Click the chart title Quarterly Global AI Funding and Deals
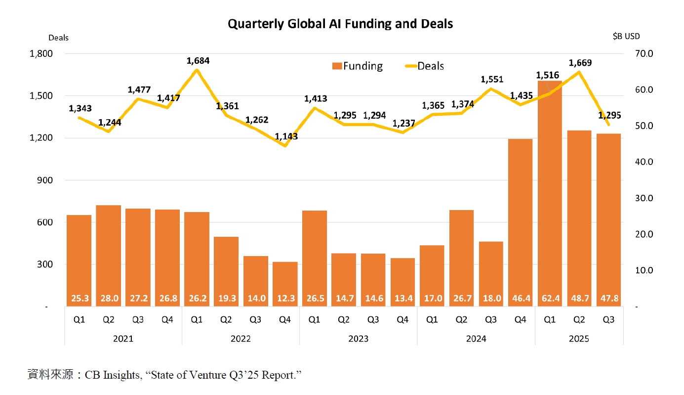coord(340,24)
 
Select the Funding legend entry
coord(357,66)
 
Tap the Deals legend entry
coord(424,66)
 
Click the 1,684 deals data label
coord(198,61)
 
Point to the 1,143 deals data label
coord(286,136)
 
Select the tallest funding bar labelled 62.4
coord(550,198)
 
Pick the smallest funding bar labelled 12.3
coord(285,282)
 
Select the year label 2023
coord(358,339)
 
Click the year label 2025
coord(579,339)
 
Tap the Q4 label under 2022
coord(285,319)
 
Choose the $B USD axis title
coord(625,37)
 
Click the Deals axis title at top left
coord(58,38)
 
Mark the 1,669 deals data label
coord(580,63)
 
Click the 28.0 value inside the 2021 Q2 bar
coord(108,299)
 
